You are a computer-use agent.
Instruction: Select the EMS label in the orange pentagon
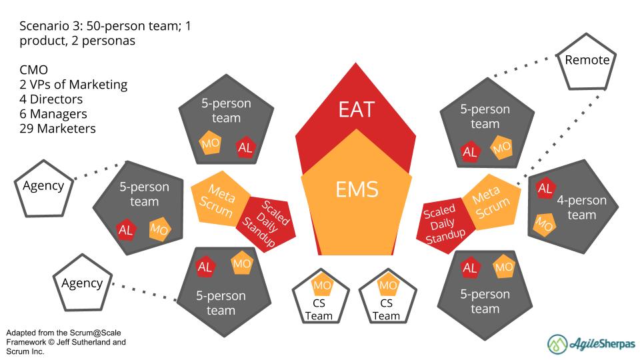point(357,189)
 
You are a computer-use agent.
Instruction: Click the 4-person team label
point(581,207)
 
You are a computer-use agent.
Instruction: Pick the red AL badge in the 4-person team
point(545,189)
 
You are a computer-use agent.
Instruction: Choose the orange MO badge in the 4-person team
point(545,225)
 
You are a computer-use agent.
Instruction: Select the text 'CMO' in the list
point(33,70)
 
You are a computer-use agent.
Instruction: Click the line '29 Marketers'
point(57,128)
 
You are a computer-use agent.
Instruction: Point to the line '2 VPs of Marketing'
point(73,85)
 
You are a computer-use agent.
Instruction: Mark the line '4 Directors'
point(51,99)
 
